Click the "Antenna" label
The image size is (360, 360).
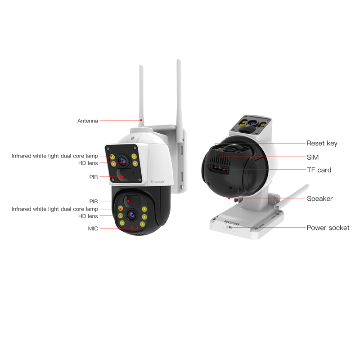87,121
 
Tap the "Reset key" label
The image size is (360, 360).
322,143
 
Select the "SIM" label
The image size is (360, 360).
312,157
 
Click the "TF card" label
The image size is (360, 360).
319,170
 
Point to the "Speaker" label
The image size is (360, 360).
319,198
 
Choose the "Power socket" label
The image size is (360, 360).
328,228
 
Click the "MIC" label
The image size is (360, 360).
93,229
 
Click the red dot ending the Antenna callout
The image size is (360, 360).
141,120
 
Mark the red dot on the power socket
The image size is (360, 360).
230,228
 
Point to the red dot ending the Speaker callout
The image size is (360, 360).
229,198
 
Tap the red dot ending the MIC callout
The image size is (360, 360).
138,228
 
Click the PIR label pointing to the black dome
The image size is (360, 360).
93,201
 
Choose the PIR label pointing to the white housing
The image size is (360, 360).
93,177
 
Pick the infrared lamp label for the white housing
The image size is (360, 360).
54,156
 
